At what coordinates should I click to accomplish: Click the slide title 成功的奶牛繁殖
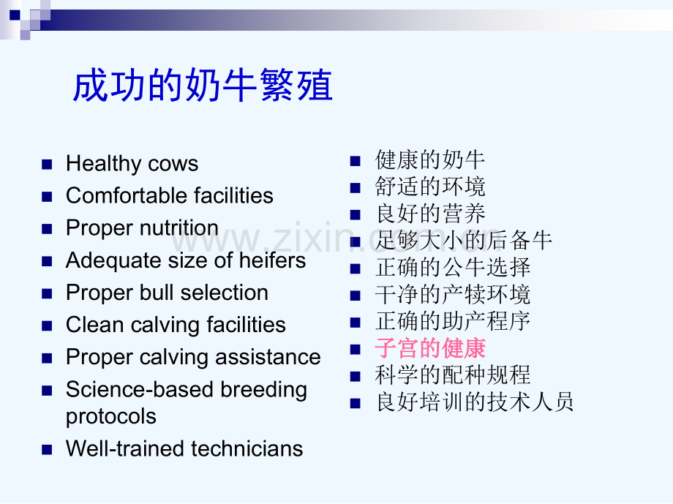(203, 86)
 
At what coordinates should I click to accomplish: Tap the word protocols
(111, 416)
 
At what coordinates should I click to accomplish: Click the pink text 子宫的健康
(430, 347)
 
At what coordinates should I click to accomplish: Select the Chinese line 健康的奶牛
(430, 159)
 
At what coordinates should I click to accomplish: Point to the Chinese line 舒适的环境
(430, 187)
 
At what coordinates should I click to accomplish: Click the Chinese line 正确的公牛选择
(453, 267)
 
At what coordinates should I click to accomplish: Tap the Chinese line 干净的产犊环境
(453, 294)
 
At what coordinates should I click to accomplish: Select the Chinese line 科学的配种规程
(453, 375)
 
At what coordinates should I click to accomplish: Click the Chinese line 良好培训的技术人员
(475, 402)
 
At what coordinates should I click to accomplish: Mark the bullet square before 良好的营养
(356, 215)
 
